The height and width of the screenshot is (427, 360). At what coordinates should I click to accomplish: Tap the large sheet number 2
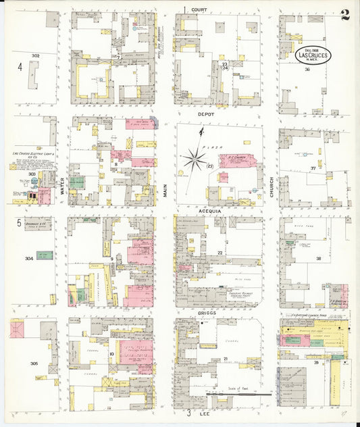(x=345, y=16)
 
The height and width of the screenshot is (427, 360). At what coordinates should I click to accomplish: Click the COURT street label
(x=199, y=10)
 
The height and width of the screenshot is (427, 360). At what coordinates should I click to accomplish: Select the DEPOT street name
(x=206, y=114)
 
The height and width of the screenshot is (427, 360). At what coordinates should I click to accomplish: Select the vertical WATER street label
(x=61, y=186)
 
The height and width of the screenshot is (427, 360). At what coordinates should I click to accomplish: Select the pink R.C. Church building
(x=236, y=161)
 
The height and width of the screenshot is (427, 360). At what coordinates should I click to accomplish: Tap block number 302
(x=35, y=55)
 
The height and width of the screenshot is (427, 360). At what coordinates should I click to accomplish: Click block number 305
(x=34, y=363)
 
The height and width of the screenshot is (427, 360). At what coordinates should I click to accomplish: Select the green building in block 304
(x=45, y=255)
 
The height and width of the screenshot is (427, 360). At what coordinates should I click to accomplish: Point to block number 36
(x=307, y=69)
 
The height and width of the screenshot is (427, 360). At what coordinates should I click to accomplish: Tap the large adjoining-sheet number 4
(x=20, y=67)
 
